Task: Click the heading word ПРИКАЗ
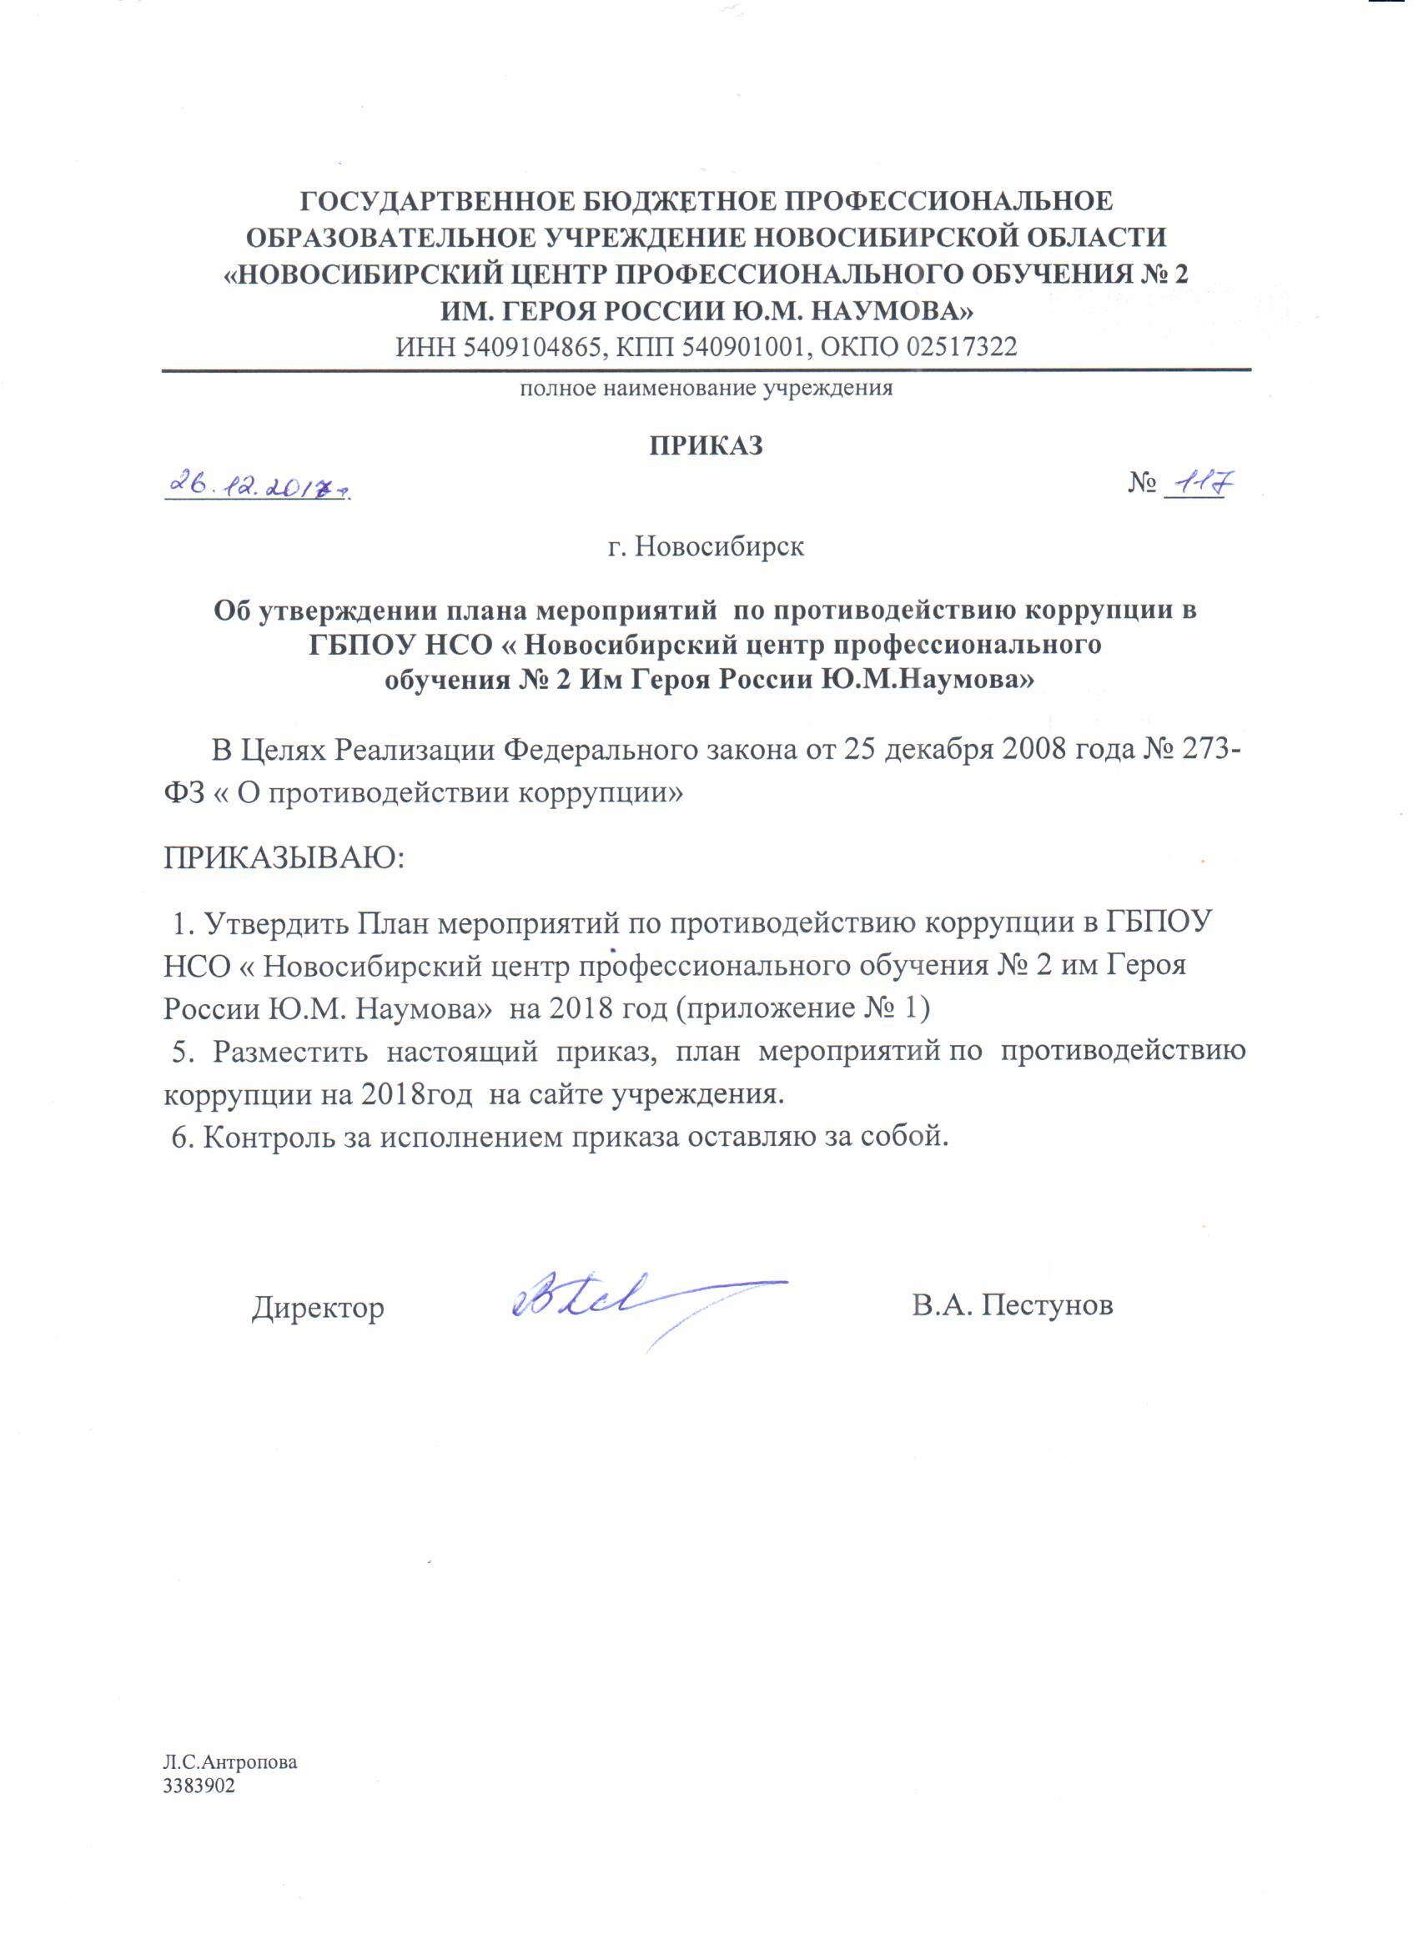705,446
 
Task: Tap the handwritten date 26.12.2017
258,486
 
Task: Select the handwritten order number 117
1196,484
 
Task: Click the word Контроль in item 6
267,1137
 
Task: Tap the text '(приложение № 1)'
802,1008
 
